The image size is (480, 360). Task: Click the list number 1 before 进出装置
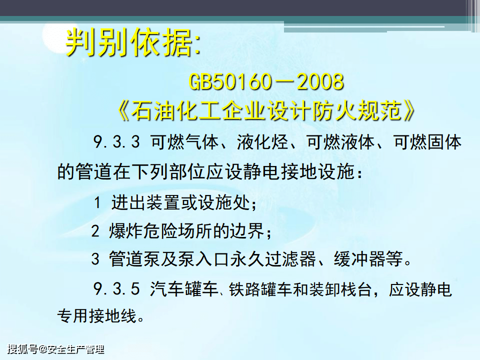(97, 202)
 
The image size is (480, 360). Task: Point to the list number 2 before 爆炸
(95, 231)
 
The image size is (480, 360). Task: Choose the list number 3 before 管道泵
(95, 259)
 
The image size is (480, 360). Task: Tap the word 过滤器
(290, 259)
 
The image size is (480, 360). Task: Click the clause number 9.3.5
(116, 289)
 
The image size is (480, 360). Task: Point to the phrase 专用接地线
(96, 315)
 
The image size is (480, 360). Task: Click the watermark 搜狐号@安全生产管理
(56, 349)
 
